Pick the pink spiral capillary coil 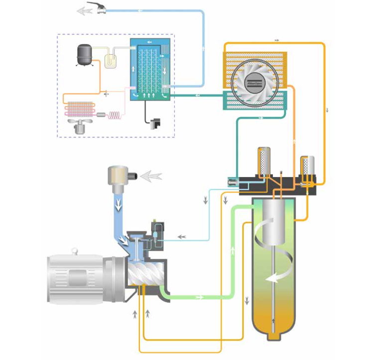[x=116, y=115]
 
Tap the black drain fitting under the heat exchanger [x=153, y=121]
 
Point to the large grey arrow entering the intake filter [x=152, y=176]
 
